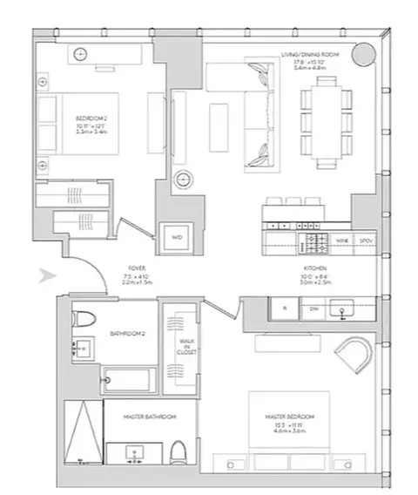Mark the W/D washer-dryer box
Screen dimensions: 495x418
click(177, 236)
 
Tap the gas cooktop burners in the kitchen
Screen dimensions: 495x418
click(313, 237)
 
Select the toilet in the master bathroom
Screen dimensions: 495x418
click(178, 451)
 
